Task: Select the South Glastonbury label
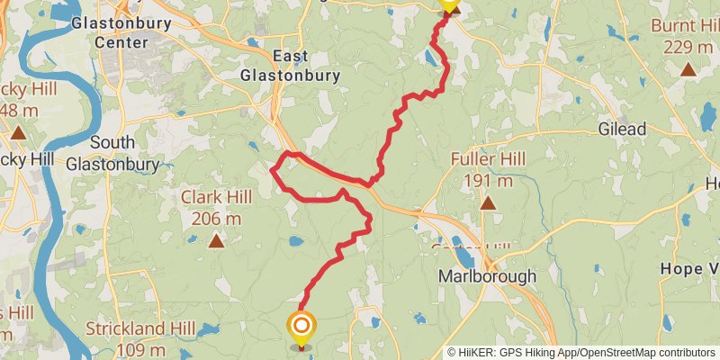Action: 112,153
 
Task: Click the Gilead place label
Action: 623,130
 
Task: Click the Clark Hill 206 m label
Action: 211,207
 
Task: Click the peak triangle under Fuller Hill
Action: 488,203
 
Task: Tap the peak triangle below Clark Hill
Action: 216,240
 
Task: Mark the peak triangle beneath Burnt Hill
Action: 688,69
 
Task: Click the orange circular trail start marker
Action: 301,326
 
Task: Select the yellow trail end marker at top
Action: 448,4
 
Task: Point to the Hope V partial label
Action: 689,269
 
